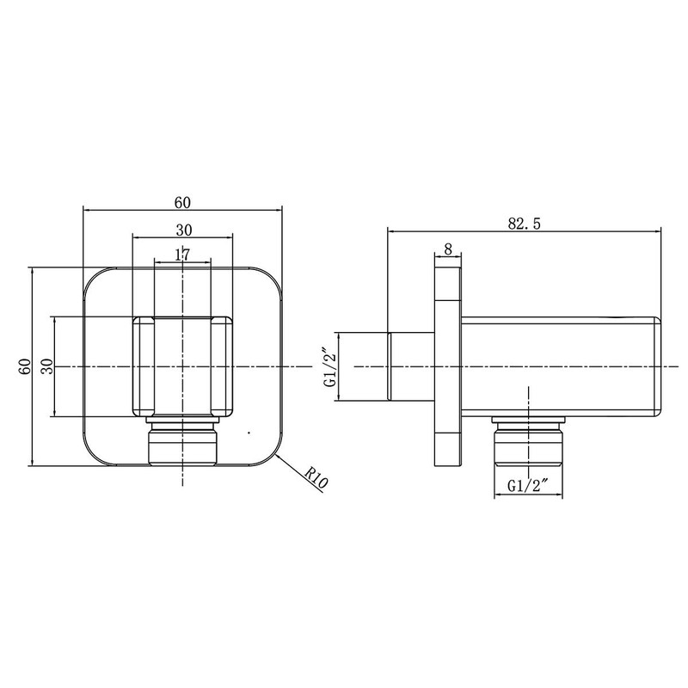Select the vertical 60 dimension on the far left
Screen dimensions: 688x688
click(26, 366)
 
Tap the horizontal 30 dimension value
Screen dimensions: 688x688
click(182, 230)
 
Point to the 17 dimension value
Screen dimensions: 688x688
click(181, 255)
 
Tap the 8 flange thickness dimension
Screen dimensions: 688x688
click(448, 249)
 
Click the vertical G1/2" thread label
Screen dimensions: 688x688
click(329, 367)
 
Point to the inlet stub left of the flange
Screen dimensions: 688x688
click(411, 367)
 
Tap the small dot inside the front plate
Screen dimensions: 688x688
click(248, 431)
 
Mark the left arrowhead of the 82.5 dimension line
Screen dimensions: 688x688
click(392, 230)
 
